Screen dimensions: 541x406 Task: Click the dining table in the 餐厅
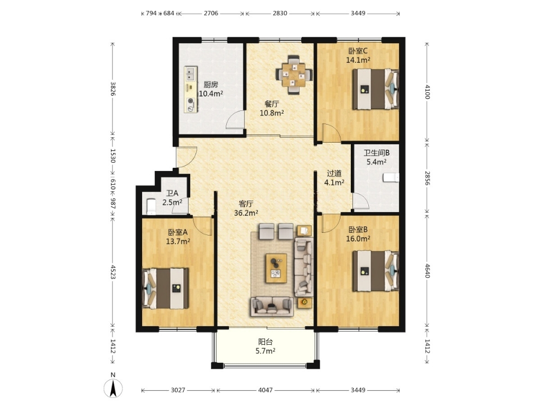click(x=294, y=75)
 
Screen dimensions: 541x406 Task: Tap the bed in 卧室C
click(x=375, y=89)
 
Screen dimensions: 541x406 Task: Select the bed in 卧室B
click(x=375, y=272)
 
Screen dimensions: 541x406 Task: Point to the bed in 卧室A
click(x=165, y=289)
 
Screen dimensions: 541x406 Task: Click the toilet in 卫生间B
click(x=391, y=178)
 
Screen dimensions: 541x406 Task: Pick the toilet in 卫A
click(x=150, y=207)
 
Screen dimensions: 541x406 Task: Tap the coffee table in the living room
click(x=277, y=268)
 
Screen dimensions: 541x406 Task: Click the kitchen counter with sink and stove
click(x=191, y=89)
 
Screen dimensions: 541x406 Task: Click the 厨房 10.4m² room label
click(x=210, y=89)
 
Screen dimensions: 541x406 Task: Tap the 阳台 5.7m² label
click(x=266, y=346)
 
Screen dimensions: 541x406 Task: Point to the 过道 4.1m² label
click(x=334, y=178)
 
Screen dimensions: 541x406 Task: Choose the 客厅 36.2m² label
click(x=246, y=208)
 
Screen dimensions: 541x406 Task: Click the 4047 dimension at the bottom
click(x=266, y=390)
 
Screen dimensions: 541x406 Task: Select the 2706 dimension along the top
click(x=211, y=14)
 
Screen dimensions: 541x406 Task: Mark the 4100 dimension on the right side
click(x=427, y=92)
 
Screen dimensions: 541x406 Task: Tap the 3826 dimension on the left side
click(x=113, y=89)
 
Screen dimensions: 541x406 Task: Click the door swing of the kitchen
click(x=236, y=120)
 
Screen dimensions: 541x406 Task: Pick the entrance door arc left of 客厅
click(x=186, y=157)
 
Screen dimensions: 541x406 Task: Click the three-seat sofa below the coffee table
click(x=272, y=307)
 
